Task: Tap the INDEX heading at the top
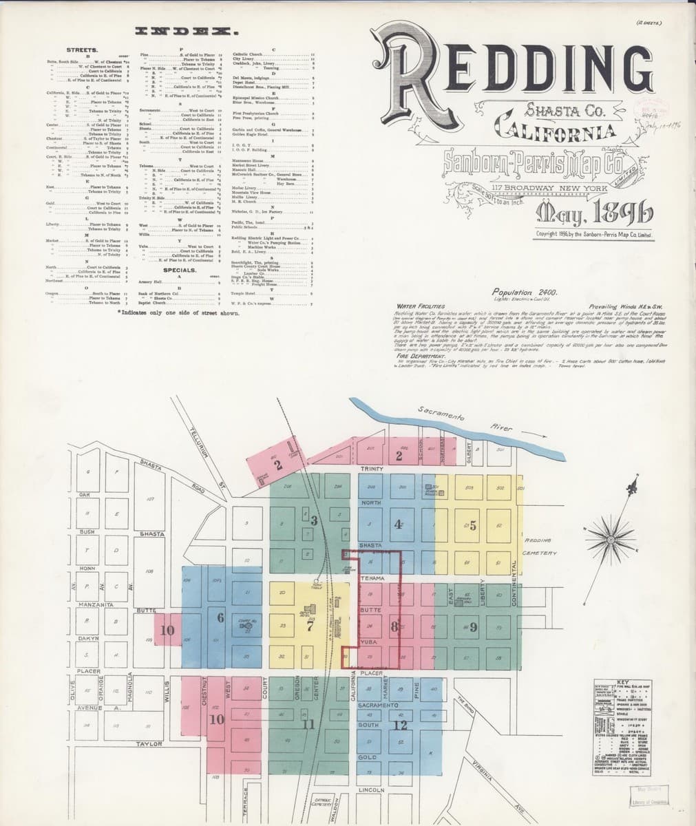(187, 32)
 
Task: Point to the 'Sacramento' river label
(441, 414)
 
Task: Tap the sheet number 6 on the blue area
(220, 617)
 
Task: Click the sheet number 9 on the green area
(473, 627)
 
